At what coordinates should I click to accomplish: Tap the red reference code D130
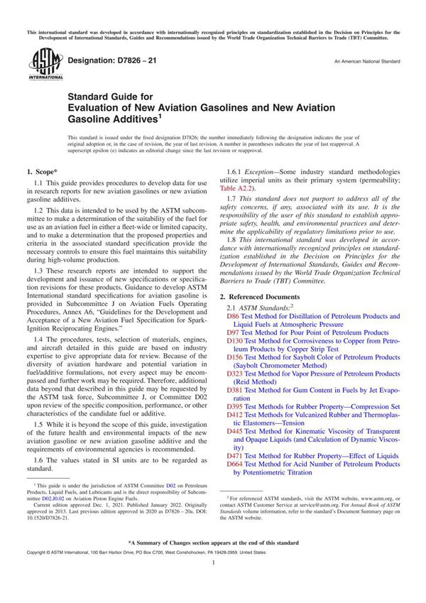click(234, 341)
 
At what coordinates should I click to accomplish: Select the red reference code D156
click(234, 358)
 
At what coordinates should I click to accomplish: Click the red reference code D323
click(234, 374)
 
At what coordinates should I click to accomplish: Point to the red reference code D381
click(234, 391)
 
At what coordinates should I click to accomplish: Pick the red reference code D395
click(234, 407)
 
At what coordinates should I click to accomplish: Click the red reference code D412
click(234, 415)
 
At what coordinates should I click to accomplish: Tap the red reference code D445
click(234, 432)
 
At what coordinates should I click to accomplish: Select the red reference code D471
click(234, 456)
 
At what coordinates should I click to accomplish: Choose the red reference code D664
click(234, 465)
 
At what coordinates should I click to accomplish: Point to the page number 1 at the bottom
click(213, 582)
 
